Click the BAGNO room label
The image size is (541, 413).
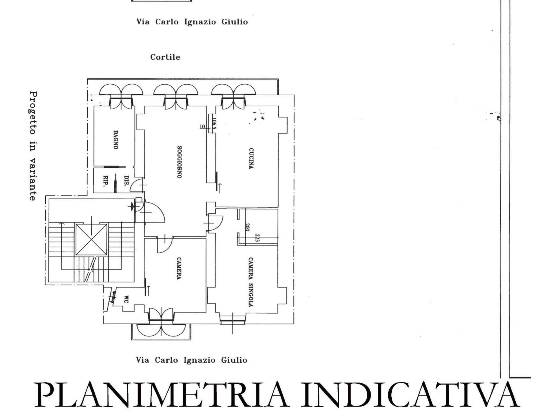point(116,139)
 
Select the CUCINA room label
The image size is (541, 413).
point(251,159)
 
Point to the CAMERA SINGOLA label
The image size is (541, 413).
point(250,282)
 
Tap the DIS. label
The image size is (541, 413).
point(127,181)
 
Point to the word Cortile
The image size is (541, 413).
point(165,57)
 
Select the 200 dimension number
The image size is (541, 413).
point(247,227)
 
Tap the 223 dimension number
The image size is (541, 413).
point(257,238)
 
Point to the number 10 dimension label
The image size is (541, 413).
point(202,127)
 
